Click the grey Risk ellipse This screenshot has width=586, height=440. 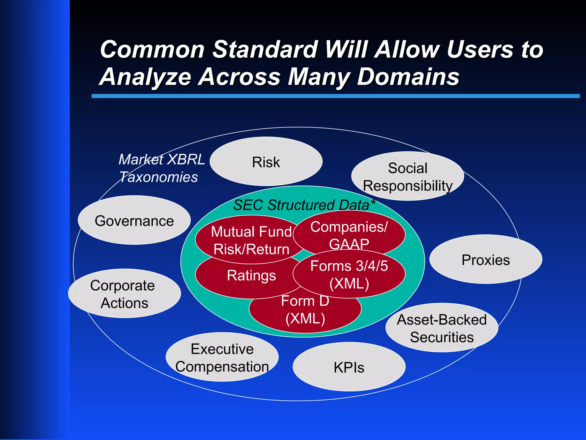266,162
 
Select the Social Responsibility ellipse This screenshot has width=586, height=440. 407,176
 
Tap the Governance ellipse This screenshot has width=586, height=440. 134,221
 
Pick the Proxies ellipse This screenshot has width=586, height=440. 486,260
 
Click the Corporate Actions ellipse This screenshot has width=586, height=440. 124,294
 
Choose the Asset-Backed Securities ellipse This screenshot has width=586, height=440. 442,328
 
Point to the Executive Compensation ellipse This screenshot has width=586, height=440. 222,357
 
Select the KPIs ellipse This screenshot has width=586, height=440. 349,367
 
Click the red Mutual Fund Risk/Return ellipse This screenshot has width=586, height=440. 251,240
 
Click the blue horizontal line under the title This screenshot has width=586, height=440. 335,96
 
